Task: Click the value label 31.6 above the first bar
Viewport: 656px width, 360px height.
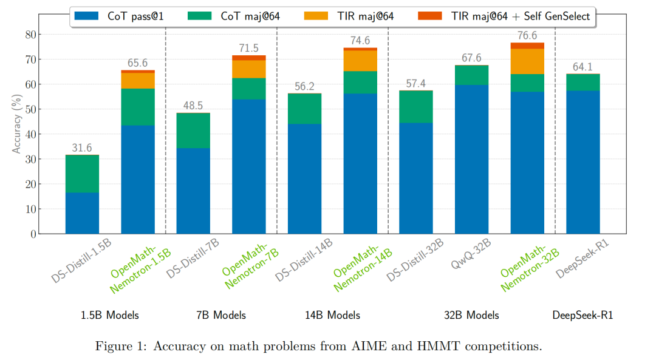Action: tap(82, 148)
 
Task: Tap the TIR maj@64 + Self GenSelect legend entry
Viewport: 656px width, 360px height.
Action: tap(504, 16)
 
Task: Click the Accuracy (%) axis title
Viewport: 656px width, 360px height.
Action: tap(17, 125)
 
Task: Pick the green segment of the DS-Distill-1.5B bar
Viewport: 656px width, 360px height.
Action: tap(82, 174)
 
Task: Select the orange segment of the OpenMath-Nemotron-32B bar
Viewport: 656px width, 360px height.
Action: tap(527, 61)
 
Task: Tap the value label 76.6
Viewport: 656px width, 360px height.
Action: tap(527, 35)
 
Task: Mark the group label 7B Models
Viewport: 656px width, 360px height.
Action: tap(221, 315)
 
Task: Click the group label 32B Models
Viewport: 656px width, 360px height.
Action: tap(471, 315)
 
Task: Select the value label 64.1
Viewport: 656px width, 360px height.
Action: tap(583, 67)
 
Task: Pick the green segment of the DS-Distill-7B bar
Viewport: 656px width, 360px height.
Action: tap(193, 131)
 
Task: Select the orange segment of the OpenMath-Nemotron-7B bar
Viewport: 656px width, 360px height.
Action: tap(249, 69)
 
